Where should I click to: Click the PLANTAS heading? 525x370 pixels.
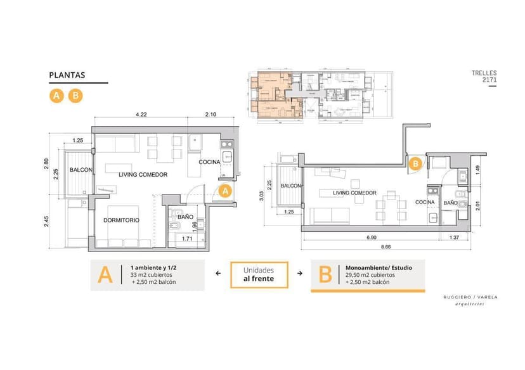point(67,75)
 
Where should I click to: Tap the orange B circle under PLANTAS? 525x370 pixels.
point(75,96)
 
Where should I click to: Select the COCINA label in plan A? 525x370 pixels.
point(209,162)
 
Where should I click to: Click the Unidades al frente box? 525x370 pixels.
point(259,274)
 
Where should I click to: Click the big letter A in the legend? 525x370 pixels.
point(105,275)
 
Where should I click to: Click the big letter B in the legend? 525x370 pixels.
point(325,275)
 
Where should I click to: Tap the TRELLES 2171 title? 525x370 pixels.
point(484,77)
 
